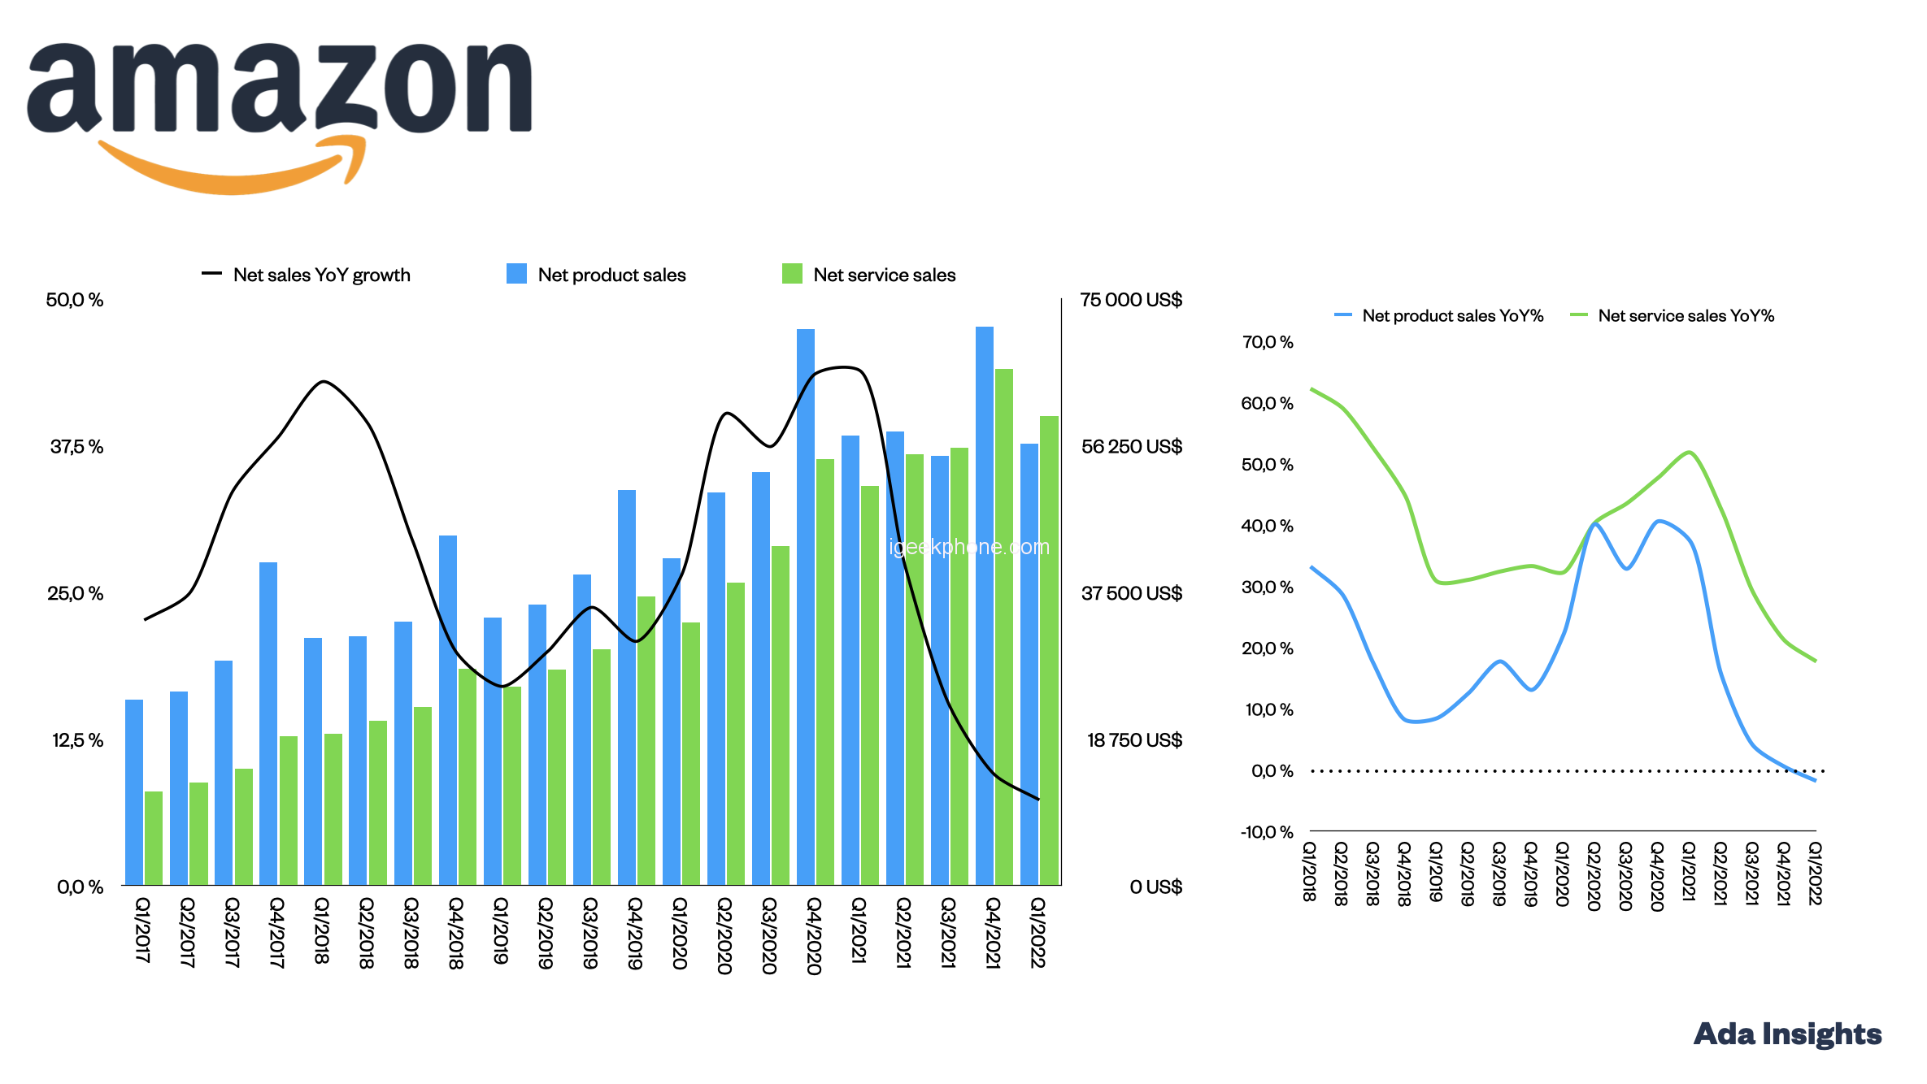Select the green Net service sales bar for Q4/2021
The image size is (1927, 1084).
point(1004,627)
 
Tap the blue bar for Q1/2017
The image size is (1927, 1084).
point(134,792)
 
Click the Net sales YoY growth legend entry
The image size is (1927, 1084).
point(307,275)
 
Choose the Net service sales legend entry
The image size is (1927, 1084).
point(869,275)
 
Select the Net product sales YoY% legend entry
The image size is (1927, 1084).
point(1439,315)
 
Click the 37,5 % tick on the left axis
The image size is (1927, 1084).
point(76,446)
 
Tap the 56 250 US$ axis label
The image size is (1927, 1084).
point(1131,446)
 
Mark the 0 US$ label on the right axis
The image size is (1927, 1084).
point(1155,887)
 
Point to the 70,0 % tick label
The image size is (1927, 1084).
point(1267,342)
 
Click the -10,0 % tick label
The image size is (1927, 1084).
point(1266,831)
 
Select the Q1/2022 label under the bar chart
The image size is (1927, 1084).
point(1037,932)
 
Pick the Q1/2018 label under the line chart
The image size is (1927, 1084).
point(1309,871)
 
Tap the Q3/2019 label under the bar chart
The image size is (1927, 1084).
point(590,932)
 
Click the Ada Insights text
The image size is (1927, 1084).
point(1787,1034)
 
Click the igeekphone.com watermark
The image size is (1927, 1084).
point(969,547)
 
